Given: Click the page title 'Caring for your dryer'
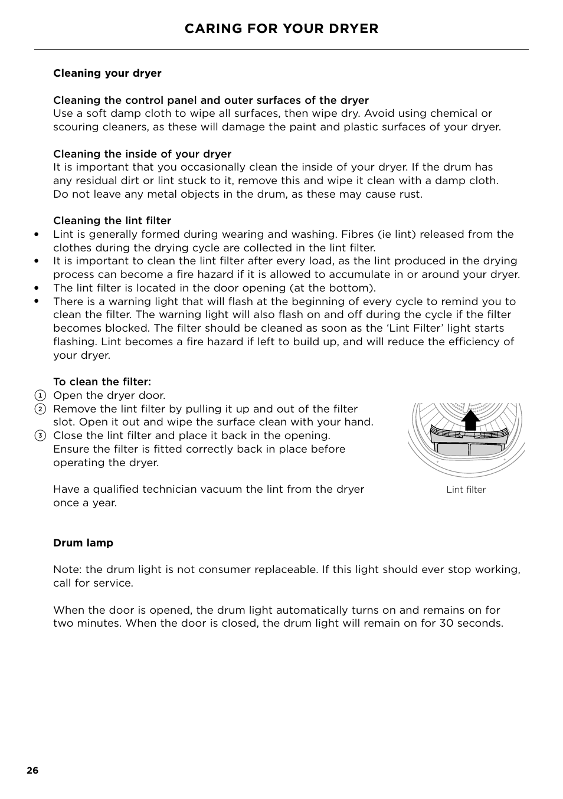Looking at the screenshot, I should [281, 29].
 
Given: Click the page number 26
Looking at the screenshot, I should [32, 771].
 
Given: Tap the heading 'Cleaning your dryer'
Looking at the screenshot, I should [107, 73].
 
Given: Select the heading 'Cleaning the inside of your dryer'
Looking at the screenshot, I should [142, 154].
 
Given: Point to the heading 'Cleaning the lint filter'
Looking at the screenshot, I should [112, 221].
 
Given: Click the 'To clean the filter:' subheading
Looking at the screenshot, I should [102, 382].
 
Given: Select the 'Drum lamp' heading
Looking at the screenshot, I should [83, 543].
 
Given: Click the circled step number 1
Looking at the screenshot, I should [40, 395].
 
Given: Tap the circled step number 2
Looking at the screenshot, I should [40, 409].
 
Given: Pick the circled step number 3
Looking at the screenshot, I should [40, 436].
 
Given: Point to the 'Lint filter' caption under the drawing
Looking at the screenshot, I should [466, 490].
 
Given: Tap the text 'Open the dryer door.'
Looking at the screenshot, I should [109, 395].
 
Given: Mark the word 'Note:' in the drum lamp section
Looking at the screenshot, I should [68, 569].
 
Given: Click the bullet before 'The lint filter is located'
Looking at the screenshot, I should [37, 288].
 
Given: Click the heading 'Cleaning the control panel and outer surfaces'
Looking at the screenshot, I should [211, 100].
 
